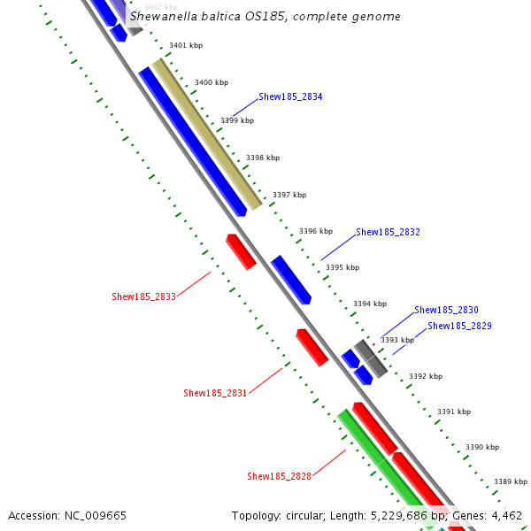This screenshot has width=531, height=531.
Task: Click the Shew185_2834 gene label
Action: [x=290, y=96]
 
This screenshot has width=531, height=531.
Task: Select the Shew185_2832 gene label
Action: [x=388, y=233]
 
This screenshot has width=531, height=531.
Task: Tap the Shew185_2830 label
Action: [x=446, y=311]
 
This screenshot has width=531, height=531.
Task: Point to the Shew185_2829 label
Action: [x=459, y=327]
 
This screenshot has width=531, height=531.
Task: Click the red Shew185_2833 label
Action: [x=143, y=297]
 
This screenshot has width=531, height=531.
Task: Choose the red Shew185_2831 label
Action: [x=215, y=393]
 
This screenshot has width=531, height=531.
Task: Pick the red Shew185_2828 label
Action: [x=279, y=477]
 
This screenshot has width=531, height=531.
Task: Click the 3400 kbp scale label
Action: [x=211, y=82]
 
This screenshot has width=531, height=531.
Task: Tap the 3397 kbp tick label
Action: [x=289, y=195]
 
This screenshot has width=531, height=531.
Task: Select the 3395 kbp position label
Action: [x=342, y=267]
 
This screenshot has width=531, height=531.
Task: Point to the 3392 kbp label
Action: [x=425, y=376]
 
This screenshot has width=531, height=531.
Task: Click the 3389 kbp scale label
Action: [x=511, y=481]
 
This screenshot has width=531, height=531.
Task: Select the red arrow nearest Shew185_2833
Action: [x=241, y=251]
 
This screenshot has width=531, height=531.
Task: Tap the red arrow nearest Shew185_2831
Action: [x=312, y=347]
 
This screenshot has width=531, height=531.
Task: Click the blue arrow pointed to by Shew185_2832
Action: [x=291, y=280]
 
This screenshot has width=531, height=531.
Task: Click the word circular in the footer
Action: [x=310, y=515]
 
